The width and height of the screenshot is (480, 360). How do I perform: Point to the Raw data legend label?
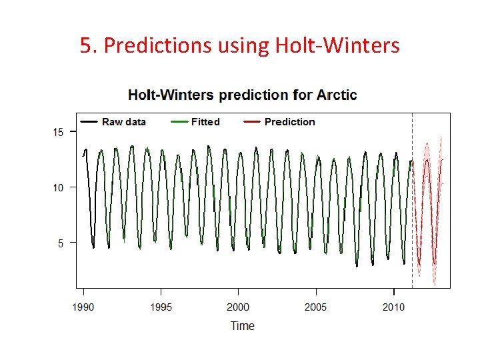(x=123, y=122)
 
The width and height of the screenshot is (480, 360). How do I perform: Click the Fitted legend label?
(x=205, y=122)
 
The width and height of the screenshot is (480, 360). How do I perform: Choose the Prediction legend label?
(x=289, y=122)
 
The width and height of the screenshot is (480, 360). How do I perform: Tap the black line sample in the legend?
(x=89, y=122)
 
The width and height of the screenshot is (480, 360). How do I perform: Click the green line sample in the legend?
(x=179, y=122)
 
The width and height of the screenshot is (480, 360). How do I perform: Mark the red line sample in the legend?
(x=252, y=122)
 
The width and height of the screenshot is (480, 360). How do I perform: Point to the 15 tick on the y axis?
(x=59, y=132)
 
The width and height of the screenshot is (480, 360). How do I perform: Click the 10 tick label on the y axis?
(x=59, y=187)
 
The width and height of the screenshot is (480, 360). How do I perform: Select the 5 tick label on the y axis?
(x=61, y=243)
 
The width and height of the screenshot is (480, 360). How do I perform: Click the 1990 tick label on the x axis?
(x=83, y=307)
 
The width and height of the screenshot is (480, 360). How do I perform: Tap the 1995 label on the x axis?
(x=161, y=307)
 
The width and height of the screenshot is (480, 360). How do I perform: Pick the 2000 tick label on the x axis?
(x=238, y=307)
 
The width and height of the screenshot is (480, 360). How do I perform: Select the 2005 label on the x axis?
(x=316, y=307)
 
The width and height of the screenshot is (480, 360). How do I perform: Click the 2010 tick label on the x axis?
(x=393, y=307)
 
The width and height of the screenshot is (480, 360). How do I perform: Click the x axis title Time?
(x=242, y=326)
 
